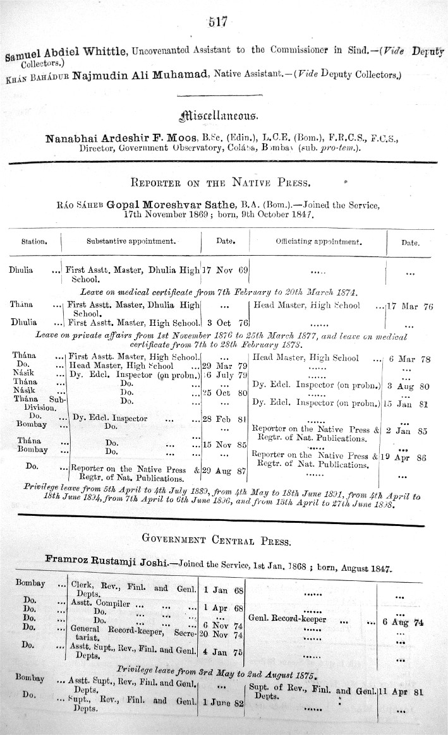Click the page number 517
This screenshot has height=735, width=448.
217,23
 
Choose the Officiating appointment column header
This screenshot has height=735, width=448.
318,241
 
